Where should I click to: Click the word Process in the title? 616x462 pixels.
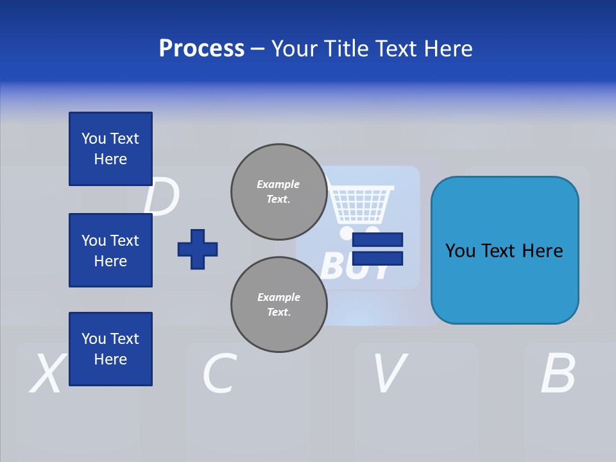tap(201, 49)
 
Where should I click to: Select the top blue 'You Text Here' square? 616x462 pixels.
tap(110, 149)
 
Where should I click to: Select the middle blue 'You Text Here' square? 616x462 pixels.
tap(110, 250)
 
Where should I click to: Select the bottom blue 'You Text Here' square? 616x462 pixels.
tap(110, 349)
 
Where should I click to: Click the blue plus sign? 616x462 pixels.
tap(198, 249)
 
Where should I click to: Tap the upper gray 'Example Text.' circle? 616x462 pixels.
tap(278, 192)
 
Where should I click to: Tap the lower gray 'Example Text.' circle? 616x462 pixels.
tap(278, 305)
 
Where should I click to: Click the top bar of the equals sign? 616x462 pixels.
tap(377, 239)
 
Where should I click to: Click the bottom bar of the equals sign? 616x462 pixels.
tap(377, 258)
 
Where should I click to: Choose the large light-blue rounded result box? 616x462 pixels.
tap(504, 250)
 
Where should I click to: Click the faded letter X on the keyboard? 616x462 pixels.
tap(47, 373)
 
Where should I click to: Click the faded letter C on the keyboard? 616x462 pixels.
tap(219, 373)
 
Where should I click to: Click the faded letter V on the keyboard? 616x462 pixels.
tap(389, 373)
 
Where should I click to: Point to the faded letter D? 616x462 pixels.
tap(161, 198)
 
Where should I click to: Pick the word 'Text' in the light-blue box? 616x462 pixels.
tap(504, 250)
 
